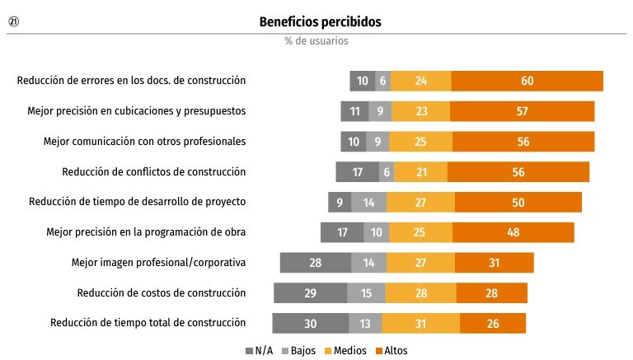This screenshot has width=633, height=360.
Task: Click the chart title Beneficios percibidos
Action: (320, 21)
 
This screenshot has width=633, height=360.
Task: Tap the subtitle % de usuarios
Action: (316, 40)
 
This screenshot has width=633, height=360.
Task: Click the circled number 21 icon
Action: (14, 21)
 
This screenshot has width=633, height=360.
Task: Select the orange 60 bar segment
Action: (527, 81)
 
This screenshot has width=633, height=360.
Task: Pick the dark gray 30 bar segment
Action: (311, 323)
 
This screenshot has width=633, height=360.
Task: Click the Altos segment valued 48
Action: (513, 232)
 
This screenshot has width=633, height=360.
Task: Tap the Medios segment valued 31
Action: (420, 323)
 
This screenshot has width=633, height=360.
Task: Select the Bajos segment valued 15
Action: (366, 293)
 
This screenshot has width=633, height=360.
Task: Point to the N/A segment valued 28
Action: (316, 263)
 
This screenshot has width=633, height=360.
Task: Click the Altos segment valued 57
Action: (523, 111)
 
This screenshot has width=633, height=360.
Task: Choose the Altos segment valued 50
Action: (518, 202)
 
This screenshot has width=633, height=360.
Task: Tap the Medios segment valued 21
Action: (420, 172)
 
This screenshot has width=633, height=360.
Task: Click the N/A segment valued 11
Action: (355, 111)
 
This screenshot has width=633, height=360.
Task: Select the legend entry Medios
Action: (345, 350)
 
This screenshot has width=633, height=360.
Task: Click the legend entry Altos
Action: (392, 350)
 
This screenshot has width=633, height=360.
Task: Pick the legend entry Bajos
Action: (298, 350)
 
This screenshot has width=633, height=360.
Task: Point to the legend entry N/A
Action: (259, 350)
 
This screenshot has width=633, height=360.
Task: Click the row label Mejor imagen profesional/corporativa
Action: (158, 263)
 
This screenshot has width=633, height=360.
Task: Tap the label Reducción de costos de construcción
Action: (162, 293)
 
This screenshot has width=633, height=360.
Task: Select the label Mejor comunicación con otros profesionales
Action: (144, 141)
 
